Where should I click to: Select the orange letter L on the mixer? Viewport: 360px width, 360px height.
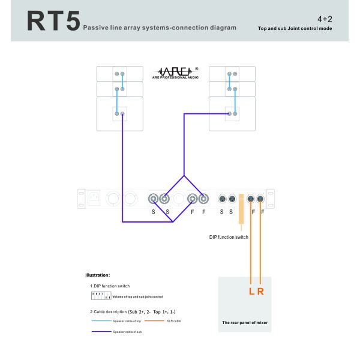coord(251,292)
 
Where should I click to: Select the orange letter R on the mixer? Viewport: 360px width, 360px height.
coord(260,292)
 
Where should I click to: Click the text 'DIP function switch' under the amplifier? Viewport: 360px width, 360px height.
coord(229,237)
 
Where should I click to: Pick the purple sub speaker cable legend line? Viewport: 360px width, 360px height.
coord(101,331)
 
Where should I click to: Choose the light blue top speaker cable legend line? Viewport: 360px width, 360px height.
coord(101,321)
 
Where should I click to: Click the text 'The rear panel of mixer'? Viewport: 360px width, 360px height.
coord(245,323)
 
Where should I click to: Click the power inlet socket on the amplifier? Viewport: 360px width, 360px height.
coord(94,199)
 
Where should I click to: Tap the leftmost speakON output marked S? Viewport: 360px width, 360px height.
coord(154,199)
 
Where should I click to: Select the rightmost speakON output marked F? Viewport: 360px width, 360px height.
coord(204,199)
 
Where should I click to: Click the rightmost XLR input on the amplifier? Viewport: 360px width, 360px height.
coord(260,199)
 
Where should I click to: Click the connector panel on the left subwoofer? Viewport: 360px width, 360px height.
coord(120,113)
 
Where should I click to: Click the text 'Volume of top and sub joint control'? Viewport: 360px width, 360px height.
coord(138,297)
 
